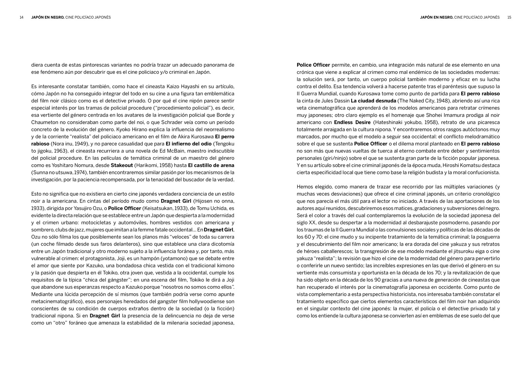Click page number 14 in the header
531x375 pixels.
pyautogui.click(x=22, y=17)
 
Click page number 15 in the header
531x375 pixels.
pyautogui.click(x=509, y=17)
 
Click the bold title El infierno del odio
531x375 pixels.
pyautogui.click(x=188, y=144)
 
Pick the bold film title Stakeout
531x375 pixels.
pyautogui.click(x=122, y=165)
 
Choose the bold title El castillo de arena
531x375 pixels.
pyautogui.click(x=211, y=165)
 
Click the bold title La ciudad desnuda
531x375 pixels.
pyautogui.click(x=373, y=101)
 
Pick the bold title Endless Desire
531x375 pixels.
pyautogui.click(x=352, y=122)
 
